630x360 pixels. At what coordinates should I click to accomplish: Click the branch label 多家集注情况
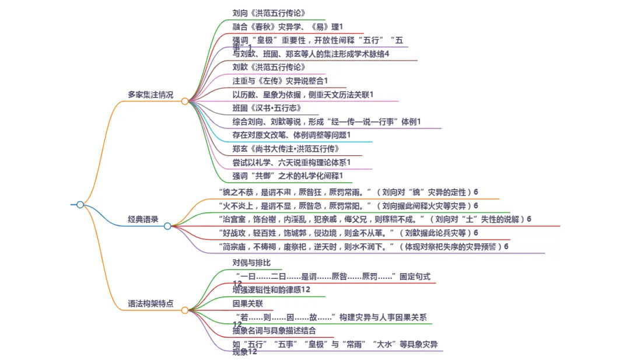pos(150,95)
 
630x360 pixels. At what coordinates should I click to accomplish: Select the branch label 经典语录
pos(143,219)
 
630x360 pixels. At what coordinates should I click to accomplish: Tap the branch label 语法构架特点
pos(150,304)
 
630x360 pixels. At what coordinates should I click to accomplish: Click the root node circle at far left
pos(80,205)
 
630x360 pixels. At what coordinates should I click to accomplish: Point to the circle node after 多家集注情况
pos(184,101)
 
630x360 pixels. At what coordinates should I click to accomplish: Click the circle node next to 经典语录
pos(167,226)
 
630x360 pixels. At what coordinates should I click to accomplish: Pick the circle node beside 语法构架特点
pos(184,310)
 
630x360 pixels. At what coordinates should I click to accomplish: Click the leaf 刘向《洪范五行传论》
pos(269,13)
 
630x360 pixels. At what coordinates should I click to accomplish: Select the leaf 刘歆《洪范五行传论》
pos(269,67)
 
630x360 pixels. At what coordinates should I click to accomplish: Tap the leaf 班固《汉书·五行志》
pos(267,108)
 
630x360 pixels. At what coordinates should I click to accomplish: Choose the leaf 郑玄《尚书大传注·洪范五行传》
pos(286,148)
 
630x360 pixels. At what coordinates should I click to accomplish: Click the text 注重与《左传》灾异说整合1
pos(280,81)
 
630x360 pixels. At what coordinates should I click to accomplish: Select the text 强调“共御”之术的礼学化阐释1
pos(288,175)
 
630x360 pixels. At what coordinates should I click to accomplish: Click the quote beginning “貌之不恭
pos(348,192)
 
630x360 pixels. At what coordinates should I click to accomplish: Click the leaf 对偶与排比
pos(251,263)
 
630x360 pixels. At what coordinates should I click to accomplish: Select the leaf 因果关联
pos(247,303)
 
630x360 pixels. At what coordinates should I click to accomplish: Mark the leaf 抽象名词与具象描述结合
pos(274,330)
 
